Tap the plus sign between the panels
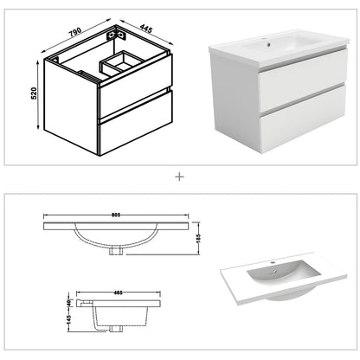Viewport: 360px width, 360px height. point(180,177)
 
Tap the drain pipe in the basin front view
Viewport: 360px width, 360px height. point(115,251)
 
